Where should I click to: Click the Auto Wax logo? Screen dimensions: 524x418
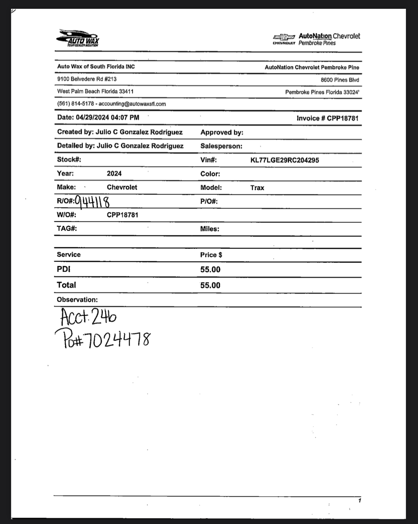tap(78, 38)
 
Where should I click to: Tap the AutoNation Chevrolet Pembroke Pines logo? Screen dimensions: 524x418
tap(316, 39)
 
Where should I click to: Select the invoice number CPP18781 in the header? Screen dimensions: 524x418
tap(342, 118)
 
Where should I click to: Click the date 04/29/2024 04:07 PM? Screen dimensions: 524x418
tap(107, 117)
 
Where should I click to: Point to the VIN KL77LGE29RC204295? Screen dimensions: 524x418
tap(285, 160)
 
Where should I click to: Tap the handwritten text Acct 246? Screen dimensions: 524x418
tap(88, 317)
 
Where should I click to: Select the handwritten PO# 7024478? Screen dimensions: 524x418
tap(103, 339)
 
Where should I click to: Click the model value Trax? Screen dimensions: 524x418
tap(257, 188)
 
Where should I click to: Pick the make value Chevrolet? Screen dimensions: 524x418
tap(122, 187)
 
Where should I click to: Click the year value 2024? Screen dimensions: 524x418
tap(114, 173)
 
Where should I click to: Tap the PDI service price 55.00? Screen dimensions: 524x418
tap(210, 269)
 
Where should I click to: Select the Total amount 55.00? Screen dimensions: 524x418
tap(210, 285)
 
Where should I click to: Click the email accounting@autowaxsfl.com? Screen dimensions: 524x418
tap(132, 104)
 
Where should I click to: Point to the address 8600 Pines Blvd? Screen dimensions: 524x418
tap(340, 80)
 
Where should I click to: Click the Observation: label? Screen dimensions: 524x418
tap(77, 300)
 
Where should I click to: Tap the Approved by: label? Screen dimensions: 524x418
tap(222, 132)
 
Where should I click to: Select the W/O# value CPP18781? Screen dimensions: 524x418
tap(122, 215)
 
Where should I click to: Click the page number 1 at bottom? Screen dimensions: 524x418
tap(359, 501)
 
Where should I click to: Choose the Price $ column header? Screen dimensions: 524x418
tap(211, 255)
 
